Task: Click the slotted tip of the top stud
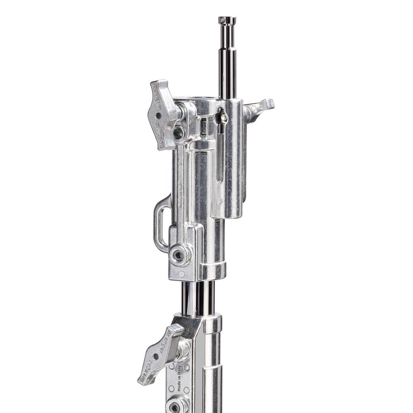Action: click(227, 20)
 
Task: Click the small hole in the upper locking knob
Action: click(159, 116)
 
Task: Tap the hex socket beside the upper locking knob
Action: click(178, 133)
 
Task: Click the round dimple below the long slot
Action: click(219, 200)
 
